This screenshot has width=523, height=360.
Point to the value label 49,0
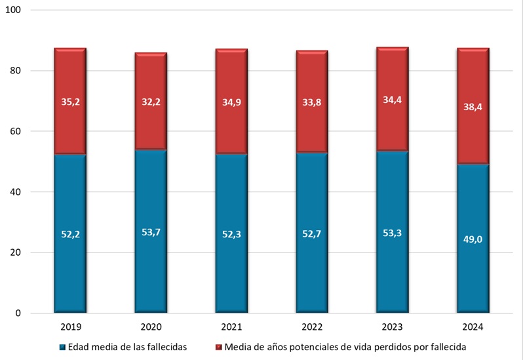[x=473, y=239]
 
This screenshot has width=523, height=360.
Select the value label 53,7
[x=151, y=232]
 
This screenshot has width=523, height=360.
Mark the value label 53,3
[x=392, y=233]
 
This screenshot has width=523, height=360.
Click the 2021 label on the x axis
[x=231, y=326]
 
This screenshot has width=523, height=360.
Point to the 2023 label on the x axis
[x=392, y=326]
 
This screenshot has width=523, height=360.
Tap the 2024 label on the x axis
[x=473, y=326]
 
